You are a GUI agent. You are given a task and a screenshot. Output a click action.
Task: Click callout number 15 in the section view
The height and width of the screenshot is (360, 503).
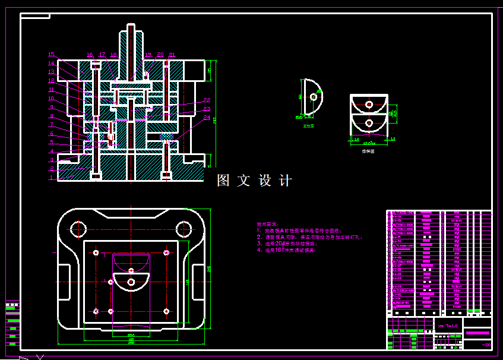51,55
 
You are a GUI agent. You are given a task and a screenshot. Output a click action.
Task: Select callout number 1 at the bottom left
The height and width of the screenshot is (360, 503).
52,177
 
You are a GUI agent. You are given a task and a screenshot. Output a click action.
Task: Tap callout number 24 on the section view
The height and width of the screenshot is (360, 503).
207,118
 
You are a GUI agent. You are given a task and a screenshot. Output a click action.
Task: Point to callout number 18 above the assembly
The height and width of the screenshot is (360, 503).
113,55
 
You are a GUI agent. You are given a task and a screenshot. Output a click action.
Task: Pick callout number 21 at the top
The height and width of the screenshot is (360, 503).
172,55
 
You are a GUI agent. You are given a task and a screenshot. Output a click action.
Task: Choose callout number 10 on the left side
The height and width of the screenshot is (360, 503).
52,98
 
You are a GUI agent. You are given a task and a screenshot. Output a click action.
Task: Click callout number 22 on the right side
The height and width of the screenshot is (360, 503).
207,100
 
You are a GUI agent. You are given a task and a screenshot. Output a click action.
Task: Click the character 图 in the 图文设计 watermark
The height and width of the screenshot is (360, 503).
223,181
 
